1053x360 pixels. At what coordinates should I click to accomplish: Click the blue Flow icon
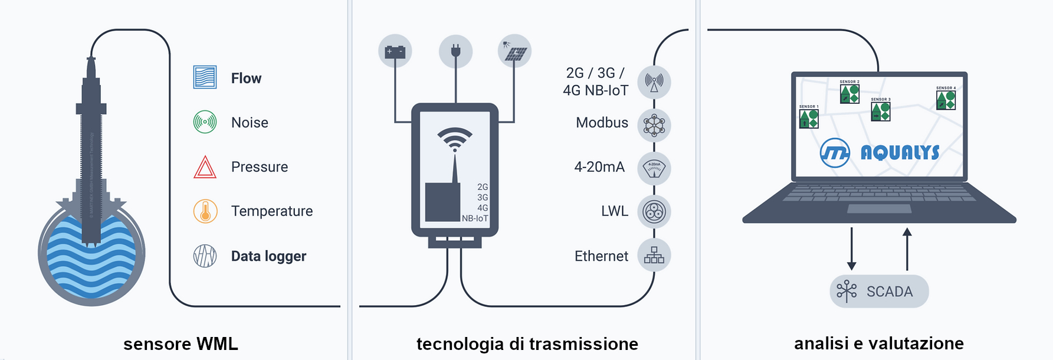pos(205,77)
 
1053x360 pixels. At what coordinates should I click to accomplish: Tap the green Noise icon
pos(205,122)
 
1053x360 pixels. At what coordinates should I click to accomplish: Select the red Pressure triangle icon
pos(205,167)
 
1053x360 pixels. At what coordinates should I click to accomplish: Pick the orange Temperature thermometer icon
pos(205,211)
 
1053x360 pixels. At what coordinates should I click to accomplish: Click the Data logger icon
pos(205,256)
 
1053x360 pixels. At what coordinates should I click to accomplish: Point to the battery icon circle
pos(395,51)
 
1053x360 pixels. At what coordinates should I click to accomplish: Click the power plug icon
pos(455,51)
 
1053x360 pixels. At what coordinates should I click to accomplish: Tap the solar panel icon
pos(514,51)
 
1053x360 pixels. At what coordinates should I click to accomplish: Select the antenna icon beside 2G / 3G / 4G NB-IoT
pos(654,81)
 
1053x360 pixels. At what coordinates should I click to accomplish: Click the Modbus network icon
pos(654,125)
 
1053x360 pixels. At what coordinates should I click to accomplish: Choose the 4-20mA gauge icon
pos(654,168)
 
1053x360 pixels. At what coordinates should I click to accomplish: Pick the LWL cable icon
pos(654,211)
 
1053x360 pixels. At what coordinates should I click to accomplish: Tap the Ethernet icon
pos(654,255)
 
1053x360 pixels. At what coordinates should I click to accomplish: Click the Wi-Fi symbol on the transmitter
pos(455,139)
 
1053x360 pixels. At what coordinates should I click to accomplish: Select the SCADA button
pos(879,291)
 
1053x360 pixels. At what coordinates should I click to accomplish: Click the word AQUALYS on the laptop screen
pos(900,153)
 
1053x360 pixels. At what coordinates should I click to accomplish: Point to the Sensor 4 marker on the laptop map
pos(946,99)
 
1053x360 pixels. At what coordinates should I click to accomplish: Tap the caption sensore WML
pos(181,343)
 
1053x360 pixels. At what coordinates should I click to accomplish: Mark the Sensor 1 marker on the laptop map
pos(809,117)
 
